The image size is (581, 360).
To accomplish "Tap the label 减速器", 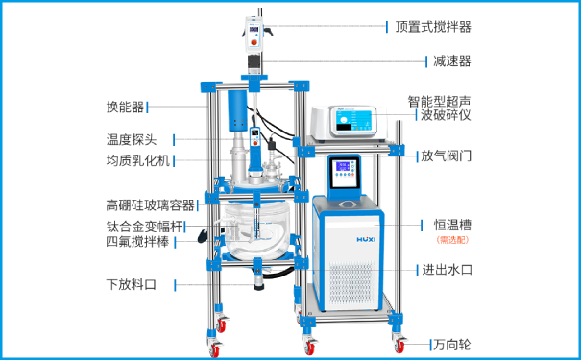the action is pos(450,60).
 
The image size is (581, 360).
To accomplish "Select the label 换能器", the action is pos(126,107).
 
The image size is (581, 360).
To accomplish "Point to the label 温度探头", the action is pos(133,140).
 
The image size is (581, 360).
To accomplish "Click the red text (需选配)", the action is pos(450,240).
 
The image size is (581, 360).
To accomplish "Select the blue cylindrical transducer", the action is pos(235,114).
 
